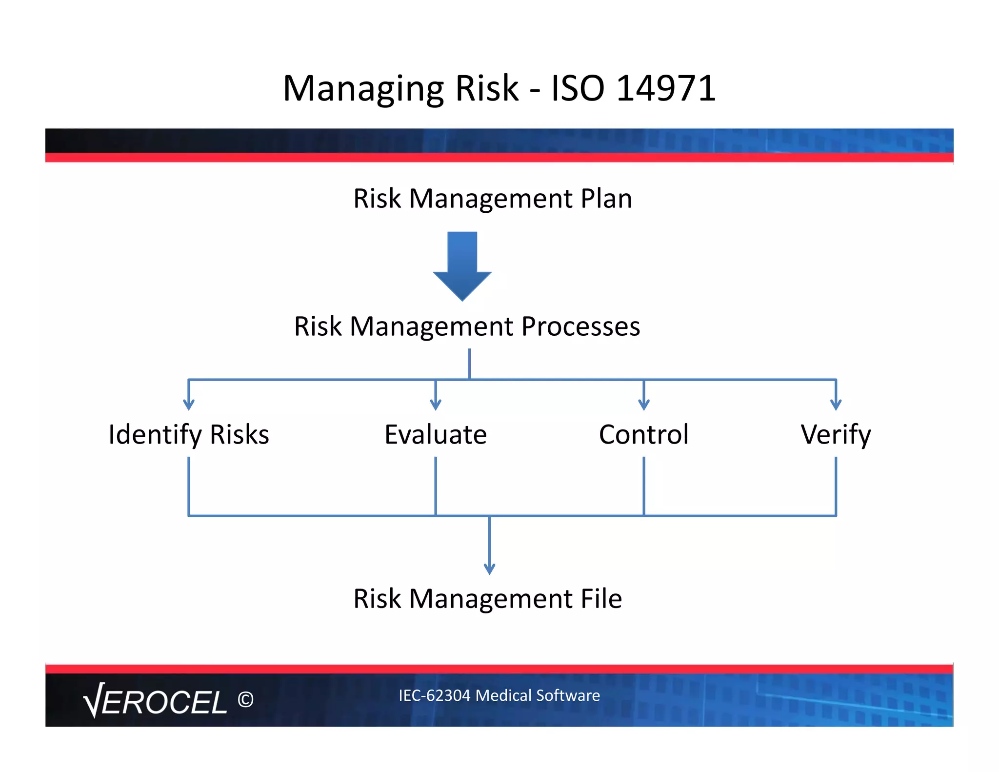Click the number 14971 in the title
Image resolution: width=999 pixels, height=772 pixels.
[666, 88]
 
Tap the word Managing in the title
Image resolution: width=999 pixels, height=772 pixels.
[363, 89]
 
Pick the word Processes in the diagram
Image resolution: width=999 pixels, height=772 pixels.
[580, 326]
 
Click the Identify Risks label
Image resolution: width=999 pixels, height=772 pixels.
[189, 434]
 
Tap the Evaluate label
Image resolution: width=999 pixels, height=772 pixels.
[436, 434]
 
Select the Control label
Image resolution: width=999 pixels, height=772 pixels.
[644, 434]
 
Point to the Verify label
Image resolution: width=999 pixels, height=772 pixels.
[836, 434]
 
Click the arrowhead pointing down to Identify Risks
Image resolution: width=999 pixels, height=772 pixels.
[189, 405]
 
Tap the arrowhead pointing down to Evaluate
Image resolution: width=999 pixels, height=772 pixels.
[436, 405]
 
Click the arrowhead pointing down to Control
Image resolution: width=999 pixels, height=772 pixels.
[644, 405]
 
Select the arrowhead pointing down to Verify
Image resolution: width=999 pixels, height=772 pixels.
[836, 405]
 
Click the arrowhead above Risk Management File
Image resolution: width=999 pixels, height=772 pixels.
[489, 569]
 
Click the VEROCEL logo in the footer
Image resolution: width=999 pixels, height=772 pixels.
[155, 701]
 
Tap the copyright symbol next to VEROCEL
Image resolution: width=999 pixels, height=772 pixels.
[245, 700]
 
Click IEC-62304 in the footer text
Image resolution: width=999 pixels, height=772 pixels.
[434, 695]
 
